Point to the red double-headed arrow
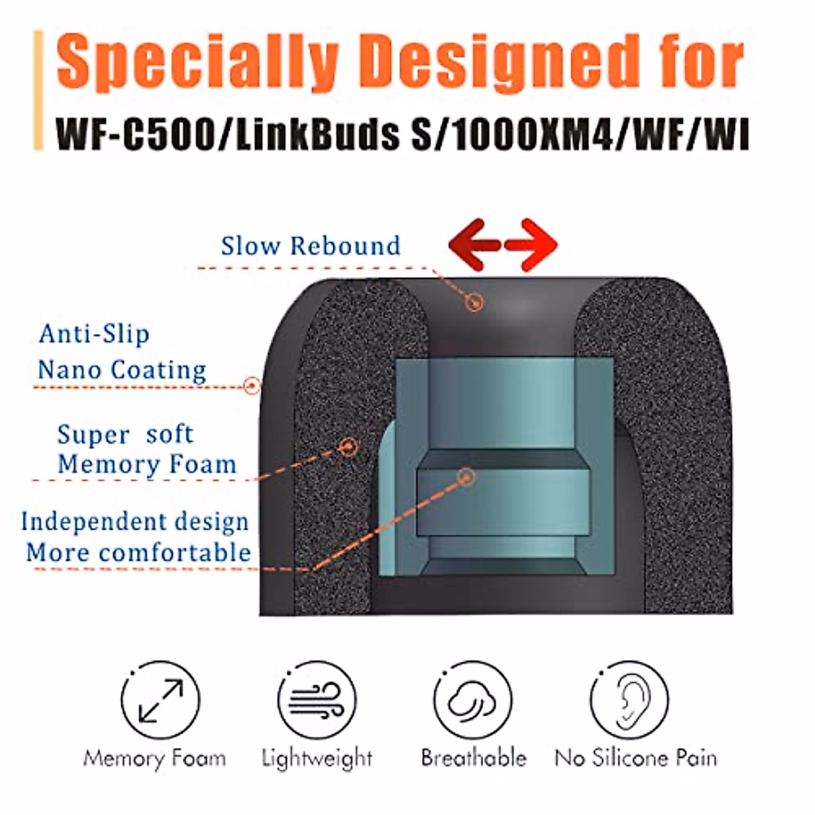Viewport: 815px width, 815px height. point(503,244)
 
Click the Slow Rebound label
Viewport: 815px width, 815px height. point(310,246)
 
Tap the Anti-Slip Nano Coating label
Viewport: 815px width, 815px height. point(122,352)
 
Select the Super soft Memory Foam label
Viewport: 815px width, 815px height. point(146,450)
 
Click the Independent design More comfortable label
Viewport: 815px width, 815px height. point(137,537)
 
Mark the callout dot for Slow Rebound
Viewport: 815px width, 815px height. point(474,301)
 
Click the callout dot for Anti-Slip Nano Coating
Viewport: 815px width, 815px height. point(252,386)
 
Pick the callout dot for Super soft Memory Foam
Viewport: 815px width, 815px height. point(348,446)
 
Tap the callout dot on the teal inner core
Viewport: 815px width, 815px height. point(465,477)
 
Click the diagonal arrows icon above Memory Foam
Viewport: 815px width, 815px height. point(160,700)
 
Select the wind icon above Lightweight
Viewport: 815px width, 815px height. point(317,700)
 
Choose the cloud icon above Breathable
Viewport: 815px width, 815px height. point(473,700)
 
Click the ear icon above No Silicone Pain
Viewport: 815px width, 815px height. point(629,700)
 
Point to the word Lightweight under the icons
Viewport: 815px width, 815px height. point(317,758)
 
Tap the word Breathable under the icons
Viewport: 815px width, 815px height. point(473,757)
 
